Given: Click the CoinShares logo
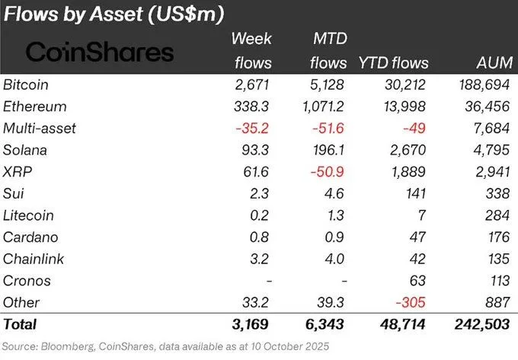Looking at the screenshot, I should click(x=100, y=51).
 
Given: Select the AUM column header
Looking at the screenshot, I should click(x=490, y=62).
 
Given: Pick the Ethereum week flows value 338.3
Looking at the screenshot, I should click(x=250, y=107).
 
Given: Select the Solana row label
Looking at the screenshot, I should click(x=24, y=150).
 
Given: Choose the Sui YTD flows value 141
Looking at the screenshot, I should click(x=417, y=193).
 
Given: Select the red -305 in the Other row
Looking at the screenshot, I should click(x=415, y=302).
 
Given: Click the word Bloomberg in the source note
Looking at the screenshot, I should click(x=66, y=347).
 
